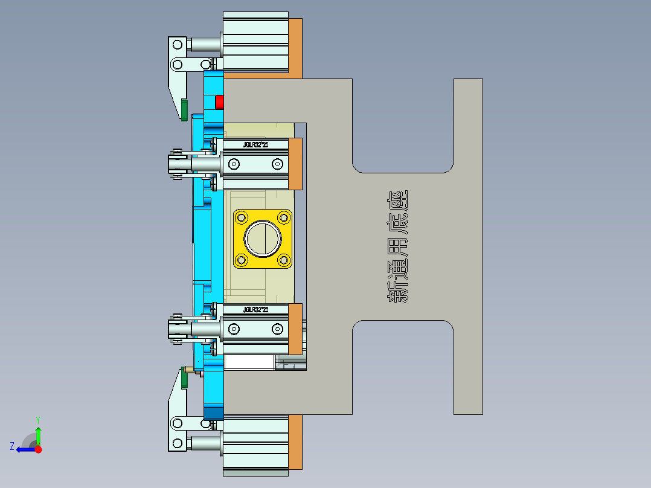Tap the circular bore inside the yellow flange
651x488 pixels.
(263, 239)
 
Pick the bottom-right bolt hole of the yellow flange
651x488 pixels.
(283, 260)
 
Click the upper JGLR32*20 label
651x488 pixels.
(255, 145)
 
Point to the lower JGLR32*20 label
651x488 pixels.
(255, 310)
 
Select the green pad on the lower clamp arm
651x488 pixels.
(182, 379)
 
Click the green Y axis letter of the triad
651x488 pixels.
(37, 419)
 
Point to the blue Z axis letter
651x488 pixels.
(12, 446)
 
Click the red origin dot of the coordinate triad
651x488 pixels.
(38, 449)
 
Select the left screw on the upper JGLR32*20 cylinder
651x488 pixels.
(234, 164)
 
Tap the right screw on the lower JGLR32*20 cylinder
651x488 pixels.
(277, 329)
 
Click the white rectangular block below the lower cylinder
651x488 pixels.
(249, 362)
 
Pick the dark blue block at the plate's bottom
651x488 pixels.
(213, 413)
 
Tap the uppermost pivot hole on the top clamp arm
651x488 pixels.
(177, 44)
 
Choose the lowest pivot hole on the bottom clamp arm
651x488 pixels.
(177, 444)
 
